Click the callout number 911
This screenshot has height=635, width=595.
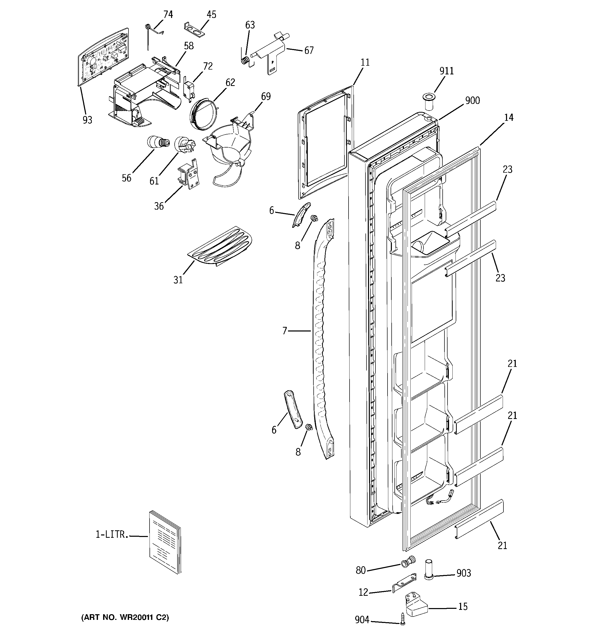[x=446, y=71]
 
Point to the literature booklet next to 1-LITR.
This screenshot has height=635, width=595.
[x=165, y=542]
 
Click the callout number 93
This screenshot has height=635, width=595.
[x=87, y=120]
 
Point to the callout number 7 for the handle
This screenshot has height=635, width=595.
[x=285, y=331]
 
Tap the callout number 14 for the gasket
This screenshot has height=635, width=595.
[x=509, y=118]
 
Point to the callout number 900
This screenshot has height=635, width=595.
[x=472, y=101]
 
